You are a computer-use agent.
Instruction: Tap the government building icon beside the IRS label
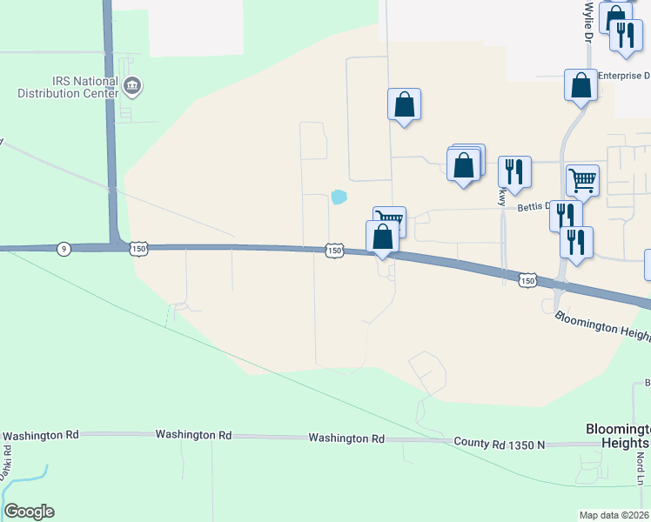(133, 85)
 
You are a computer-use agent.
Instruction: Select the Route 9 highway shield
(64, 249)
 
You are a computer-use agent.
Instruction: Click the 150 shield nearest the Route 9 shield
(138, 250)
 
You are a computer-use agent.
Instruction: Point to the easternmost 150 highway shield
(527, 280)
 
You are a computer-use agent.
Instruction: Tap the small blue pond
(338, 197)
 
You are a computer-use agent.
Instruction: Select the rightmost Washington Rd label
(346, 438)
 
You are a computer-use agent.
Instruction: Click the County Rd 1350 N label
(499, 444)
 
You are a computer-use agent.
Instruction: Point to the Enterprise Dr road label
(624, 77)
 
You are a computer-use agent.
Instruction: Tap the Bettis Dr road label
(534, 207)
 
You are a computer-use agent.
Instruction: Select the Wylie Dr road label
(589, 22)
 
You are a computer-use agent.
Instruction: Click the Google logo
(29, 512)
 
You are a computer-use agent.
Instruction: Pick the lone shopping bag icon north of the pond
(404, 104)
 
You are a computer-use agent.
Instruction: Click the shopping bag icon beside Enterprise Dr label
(581, 85)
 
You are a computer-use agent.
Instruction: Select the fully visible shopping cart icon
(583, 180)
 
